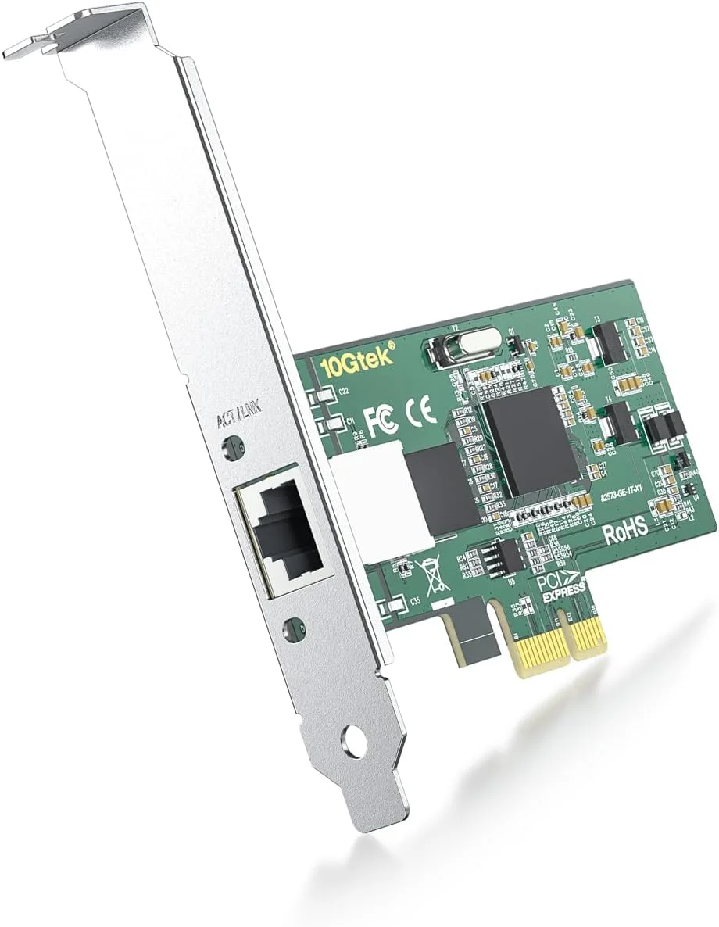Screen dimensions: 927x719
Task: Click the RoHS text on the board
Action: click(625, 529)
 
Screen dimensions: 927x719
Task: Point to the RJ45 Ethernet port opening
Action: click(284, 532)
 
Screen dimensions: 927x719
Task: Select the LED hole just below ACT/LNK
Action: click(232, 447)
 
